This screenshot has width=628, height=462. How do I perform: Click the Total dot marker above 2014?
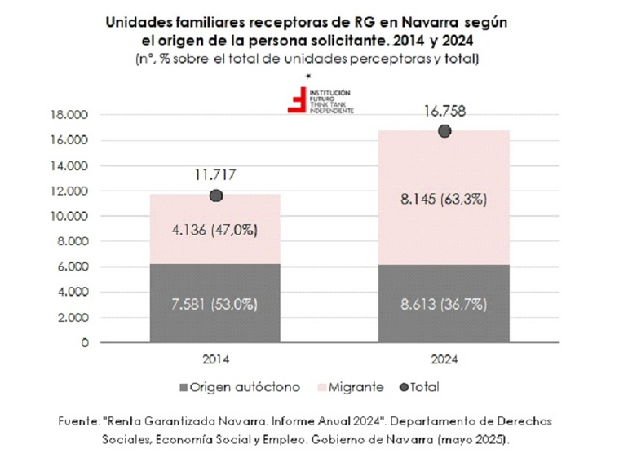[216, 196]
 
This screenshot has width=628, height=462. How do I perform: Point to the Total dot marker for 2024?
[444, 131]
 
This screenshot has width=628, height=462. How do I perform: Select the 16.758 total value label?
[444, 111]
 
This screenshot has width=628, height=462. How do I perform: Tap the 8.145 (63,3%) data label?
[444, 198]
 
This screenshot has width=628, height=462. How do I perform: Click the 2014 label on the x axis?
[216, 359]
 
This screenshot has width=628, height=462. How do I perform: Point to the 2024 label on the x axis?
[444, 359]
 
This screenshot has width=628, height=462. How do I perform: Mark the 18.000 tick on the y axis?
[68, 116]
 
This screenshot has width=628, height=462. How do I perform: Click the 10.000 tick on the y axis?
[68, 217]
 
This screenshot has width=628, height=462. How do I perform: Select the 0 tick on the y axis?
[84, 343]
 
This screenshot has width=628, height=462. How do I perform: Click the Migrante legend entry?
[356, 387]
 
